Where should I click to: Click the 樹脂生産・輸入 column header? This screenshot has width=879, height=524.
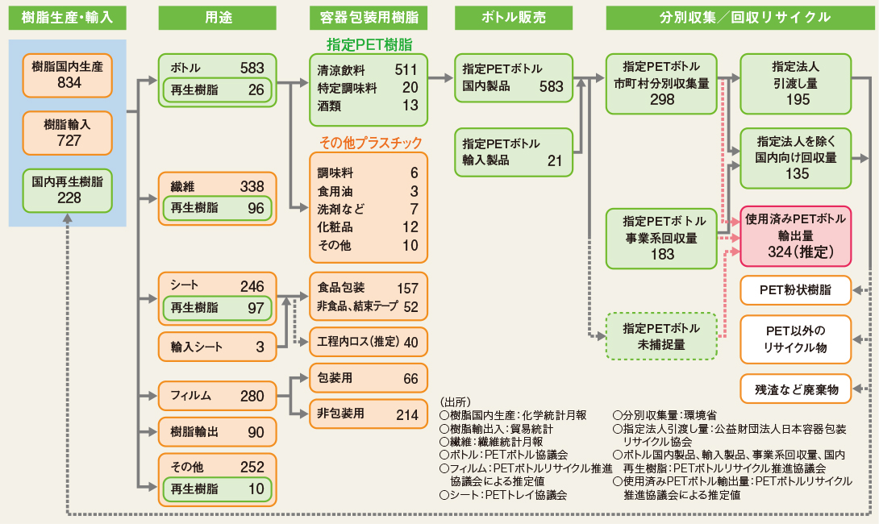pos(68,16)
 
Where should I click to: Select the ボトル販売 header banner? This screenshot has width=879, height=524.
pos(514,16)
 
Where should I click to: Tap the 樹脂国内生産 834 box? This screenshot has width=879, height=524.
pos(68,74)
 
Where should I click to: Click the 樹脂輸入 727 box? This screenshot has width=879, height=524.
pos(68,130)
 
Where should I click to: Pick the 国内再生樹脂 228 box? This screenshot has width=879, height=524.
pos(68,189)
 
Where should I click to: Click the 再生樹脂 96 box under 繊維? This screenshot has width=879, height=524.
pos(217,208)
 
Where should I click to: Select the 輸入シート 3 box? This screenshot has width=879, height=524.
pos(217,347)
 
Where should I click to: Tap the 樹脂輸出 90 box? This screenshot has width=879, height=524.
pos(217,432)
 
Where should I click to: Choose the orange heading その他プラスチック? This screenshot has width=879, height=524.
pos(370,143)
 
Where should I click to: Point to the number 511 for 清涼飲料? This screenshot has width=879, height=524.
pos(406,69)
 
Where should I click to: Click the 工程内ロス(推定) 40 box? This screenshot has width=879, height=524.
pos(368,342)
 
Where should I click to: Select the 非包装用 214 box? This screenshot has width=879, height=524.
pos(368,414)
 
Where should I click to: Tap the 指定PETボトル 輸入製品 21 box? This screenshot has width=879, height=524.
pos(514,152)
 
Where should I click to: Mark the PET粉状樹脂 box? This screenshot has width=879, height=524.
pos(795,289)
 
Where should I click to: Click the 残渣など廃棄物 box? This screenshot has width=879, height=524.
pos(795,389)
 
